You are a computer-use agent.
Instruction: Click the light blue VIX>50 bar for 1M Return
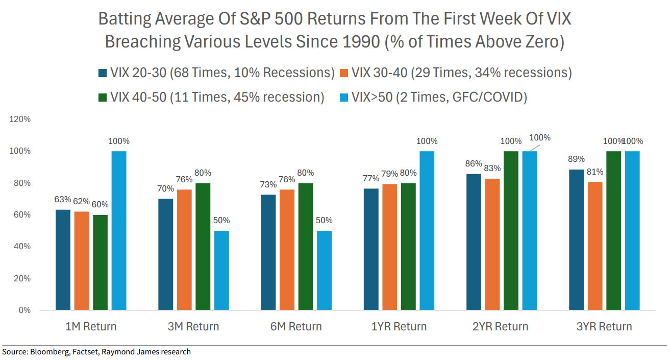pos(119,230)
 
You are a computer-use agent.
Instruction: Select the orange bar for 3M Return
pos(184,250)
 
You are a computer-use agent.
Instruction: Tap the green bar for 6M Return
pos(306,247)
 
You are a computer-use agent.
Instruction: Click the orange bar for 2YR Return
pos(492,244)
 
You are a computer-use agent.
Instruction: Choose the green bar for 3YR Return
pos(614,230)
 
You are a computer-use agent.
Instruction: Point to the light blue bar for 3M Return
pos(221,270)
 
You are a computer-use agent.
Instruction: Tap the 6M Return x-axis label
pos(296,327)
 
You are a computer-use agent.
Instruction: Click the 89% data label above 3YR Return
pos(576,159)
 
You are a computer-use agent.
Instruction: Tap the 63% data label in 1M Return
pos(63,199)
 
